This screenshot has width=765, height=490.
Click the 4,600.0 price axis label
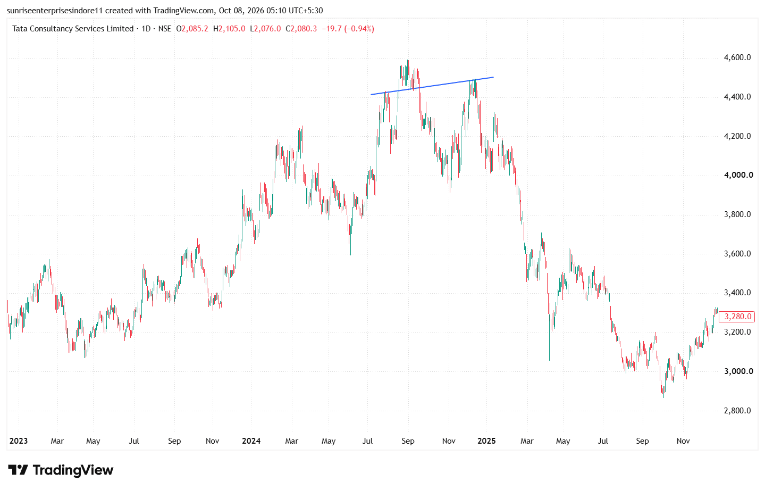click(x=737, y=57)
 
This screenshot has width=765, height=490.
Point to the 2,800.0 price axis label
click(x=737, y=410)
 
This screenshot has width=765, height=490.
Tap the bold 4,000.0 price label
click(x=738, y=175)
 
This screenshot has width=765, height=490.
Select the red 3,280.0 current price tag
click(x=737, y=317)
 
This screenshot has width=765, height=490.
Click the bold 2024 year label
click(x=251, y=441)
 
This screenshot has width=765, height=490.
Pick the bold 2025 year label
click(x=486, y=441)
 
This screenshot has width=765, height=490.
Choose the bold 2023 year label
click(x=19, y=441)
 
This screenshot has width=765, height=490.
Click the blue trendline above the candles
click(x=432, y=86)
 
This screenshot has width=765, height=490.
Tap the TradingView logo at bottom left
click(x=61, y=470)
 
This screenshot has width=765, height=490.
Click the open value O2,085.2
click(x=192, y=29)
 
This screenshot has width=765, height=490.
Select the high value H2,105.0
click(x=229, y=29)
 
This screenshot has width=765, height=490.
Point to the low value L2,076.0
click(x=265, y=29)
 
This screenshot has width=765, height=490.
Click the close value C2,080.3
click(x=301, y=29)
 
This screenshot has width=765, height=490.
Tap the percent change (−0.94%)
click(x=359, y=29)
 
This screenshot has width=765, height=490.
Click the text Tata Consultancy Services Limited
click(x=73, y=29)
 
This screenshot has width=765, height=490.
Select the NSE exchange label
click(x=165, y=29)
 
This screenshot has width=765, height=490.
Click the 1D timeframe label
click(x=146, y=29)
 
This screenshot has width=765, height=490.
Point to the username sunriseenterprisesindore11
click(x=55, y=11)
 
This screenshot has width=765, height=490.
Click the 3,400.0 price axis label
click(x=737, y=293)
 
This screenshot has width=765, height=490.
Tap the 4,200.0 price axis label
click(x=737, y=136)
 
